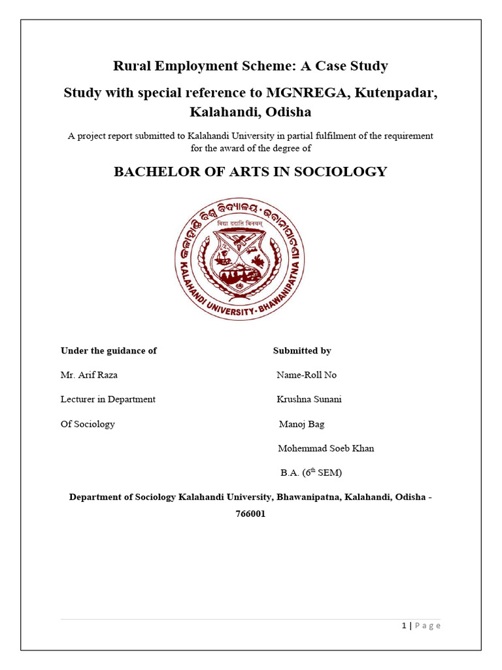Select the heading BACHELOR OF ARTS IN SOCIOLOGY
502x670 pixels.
(x=250, y=172)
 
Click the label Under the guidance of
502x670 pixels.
(x=109, y=351)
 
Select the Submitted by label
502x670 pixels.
(x=302, y=351)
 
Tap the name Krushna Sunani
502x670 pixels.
(x=309, y=399)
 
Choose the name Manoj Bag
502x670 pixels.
(x=301, y=424)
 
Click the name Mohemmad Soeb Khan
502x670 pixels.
(x=326, y=448)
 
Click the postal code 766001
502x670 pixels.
(x=250, y=514)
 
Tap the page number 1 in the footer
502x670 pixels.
(x=404, y=626)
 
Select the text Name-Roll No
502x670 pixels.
(x=307, y=375)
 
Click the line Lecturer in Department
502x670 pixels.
(x=108, y=399)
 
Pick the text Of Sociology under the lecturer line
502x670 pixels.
(x=88, y=424)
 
